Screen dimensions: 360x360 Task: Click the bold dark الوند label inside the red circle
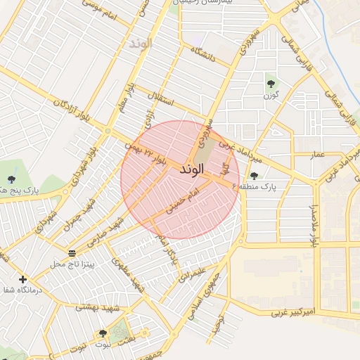click(192, 170)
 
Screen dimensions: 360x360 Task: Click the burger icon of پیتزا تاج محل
click(72, 252)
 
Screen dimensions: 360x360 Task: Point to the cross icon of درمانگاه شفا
click(23, 279)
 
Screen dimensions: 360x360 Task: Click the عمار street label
click(317, 153)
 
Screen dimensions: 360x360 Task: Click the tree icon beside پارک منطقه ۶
click(254, 176)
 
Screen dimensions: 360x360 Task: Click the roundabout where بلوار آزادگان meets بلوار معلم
click(108, 131)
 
